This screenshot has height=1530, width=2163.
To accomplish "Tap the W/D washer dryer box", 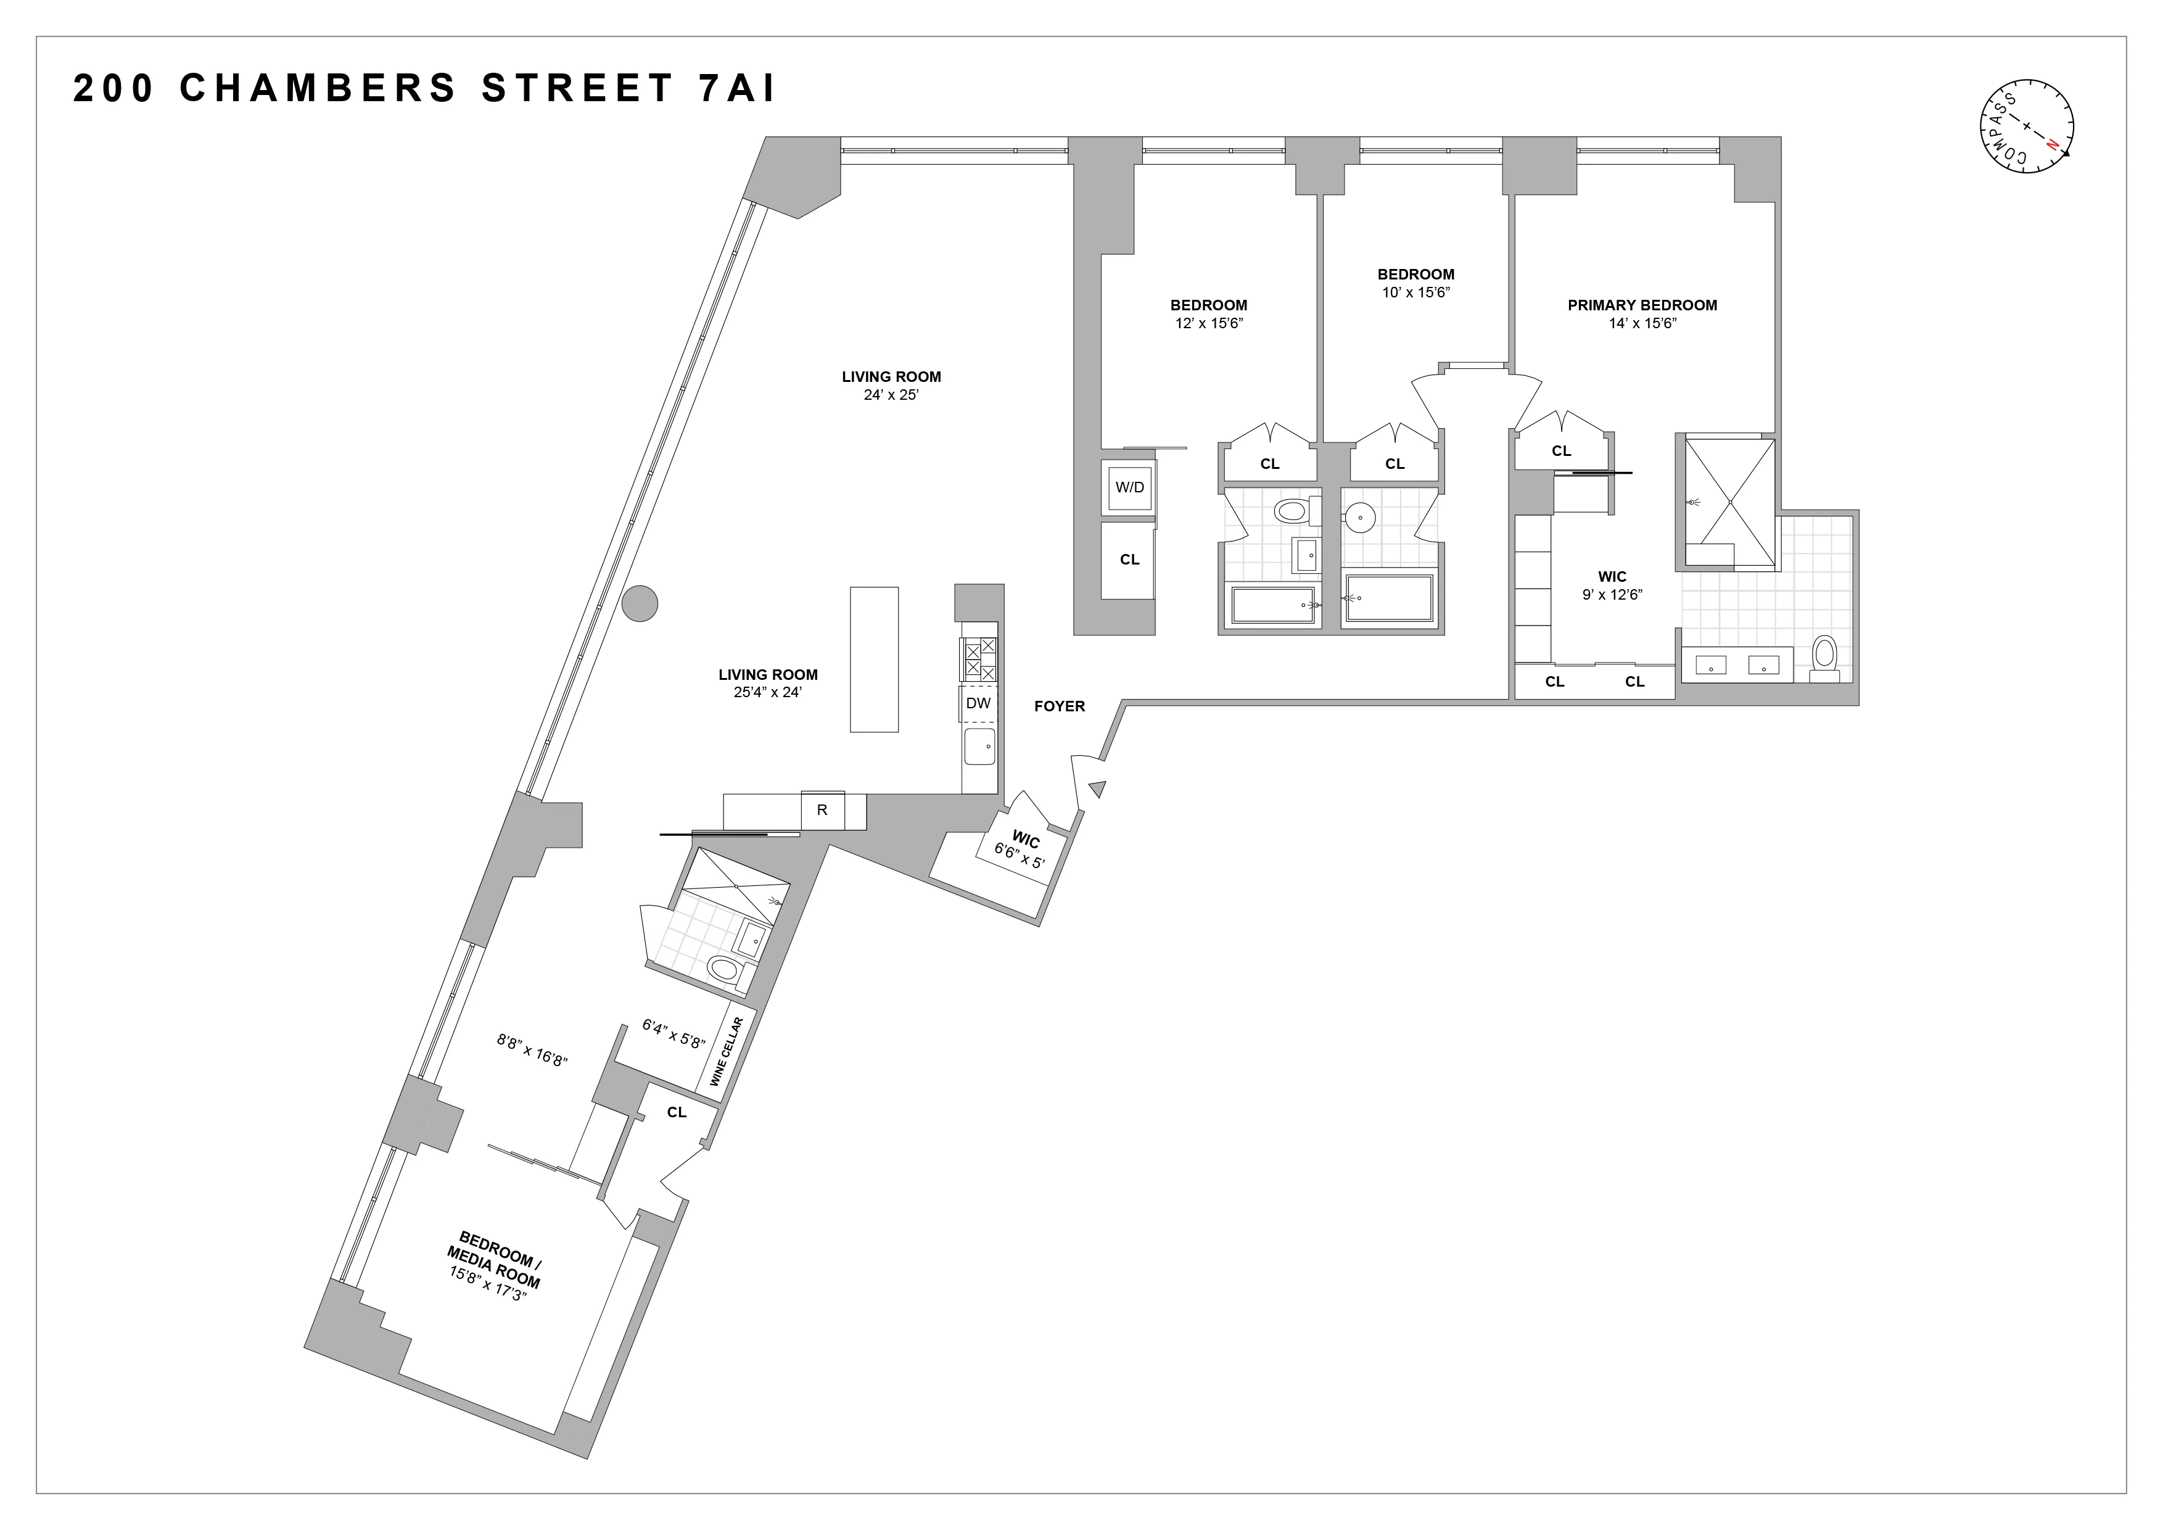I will [x=1129, y=487].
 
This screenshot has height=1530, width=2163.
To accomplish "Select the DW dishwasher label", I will [x=979, y=703].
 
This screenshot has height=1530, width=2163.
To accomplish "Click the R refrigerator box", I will [x=822, y=809].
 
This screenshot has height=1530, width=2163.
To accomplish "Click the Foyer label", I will [x=1059, y=706].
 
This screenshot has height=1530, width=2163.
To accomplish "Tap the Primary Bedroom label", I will [x=1641, y=305].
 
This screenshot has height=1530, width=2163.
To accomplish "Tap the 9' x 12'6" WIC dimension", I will [x=1612, y=595].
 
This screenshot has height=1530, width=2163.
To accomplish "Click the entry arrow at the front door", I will [x=1097, y=788].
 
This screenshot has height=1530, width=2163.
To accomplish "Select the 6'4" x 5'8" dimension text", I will [x=673, y=1033].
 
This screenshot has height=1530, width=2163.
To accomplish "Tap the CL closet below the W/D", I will [x=1129, y=560].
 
